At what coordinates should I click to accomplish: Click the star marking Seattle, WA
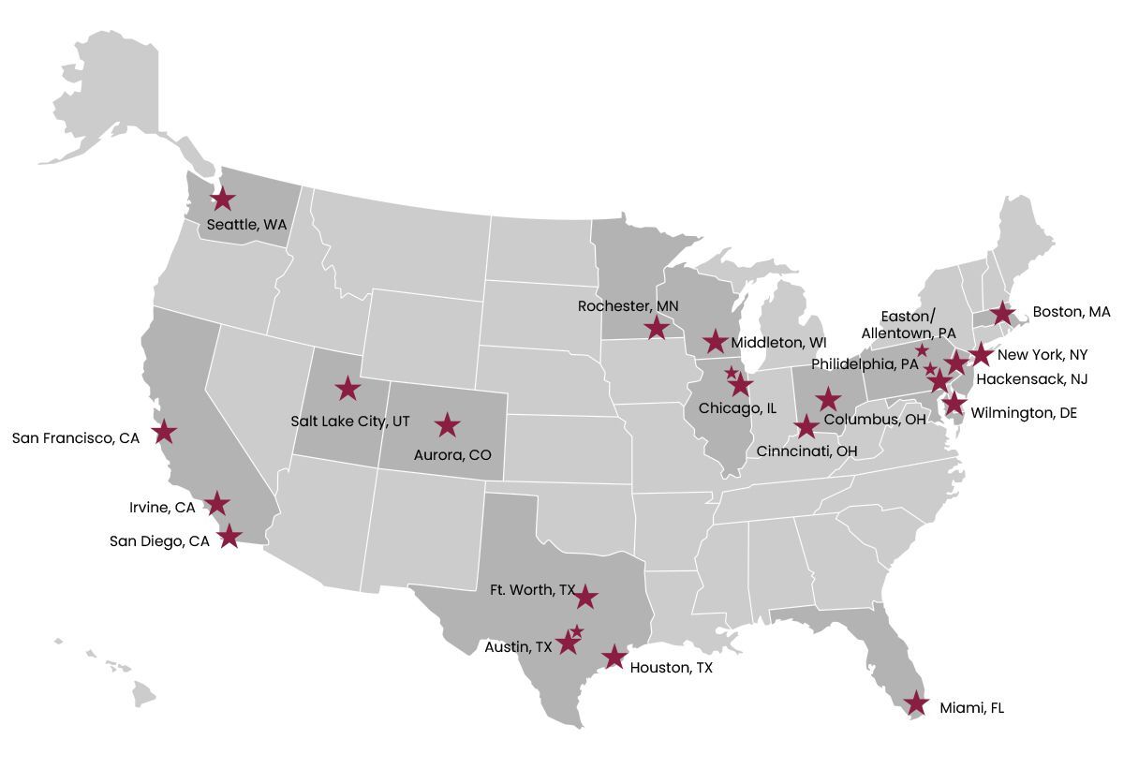[222, 199]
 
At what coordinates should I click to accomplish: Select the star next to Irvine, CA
[217, 504]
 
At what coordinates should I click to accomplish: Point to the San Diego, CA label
[159, 540]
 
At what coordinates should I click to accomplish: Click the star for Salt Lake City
[348, 388]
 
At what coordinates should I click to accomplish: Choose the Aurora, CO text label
[452, 455]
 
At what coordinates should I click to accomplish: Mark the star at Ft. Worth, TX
[585, 597]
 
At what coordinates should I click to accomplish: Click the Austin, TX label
[518, 647]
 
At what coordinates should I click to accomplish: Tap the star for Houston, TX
[614, 657]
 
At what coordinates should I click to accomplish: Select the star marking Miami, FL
[916, 703]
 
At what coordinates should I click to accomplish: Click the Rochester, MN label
[627, 306]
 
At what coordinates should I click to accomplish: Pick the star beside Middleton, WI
[716, 342]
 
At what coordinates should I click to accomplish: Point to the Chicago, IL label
[737, 408]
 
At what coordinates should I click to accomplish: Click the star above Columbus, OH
[827, 398]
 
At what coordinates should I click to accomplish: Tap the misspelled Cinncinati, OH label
[806, 451]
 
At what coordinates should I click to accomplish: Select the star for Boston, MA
[1002, 313]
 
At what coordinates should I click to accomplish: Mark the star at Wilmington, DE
[954, 404]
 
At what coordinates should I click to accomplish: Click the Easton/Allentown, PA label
[909, 324]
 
